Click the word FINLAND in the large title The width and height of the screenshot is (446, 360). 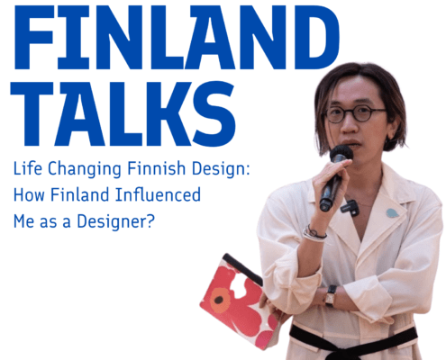point(177,37)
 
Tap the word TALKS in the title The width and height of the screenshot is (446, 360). point(123,114)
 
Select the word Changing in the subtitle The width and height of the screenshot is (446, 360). point(85,169)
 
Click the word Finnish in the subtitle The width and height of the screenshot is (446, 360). point(157,168)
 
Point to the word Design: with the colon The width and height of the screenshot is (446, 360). point(221,169)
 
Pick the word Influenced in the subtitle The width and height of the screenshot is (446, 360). point(158,194)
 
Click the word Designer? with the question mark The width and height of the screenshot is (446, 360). point(115,221)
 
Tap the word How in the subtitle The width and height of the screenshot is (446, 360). point(29,194)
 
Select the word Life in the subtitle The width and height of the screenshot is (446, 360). point(28,168)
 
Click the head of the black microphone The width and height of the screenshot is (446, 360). point(341,154)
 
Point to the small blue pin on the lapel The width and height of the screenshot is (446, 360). point(392,213)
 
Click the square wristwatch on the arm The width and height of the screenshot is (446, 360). point(331,295)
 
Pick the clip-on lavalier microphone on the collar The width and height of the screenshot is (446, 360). point(350,207)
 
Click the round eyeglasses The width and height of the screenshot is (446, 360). point(354,114)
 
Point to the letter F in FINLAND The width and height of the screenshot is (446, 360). point(33,37)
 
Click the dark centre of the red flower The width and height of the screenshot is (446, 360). point(218,300)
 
